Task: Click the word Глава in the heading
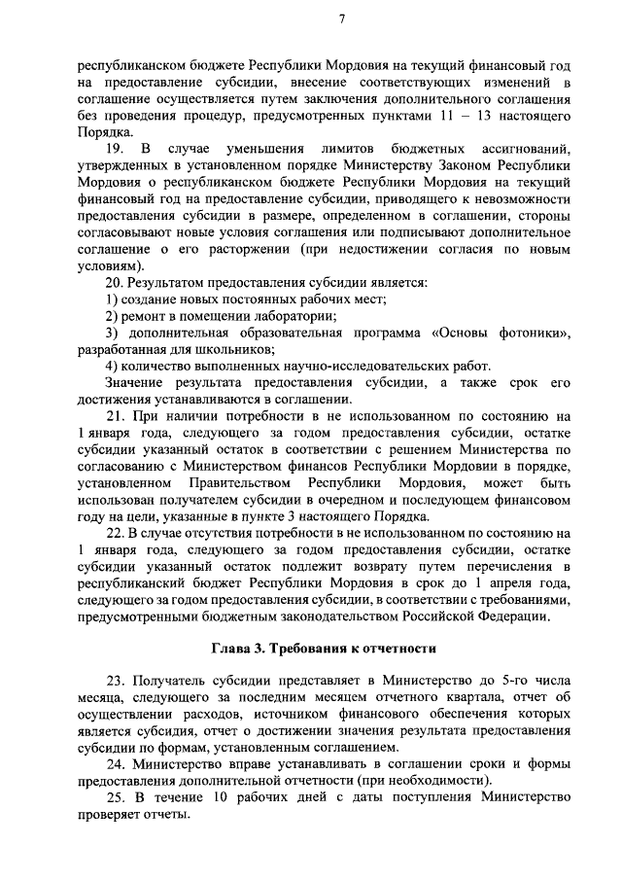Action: click(233, 647)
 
